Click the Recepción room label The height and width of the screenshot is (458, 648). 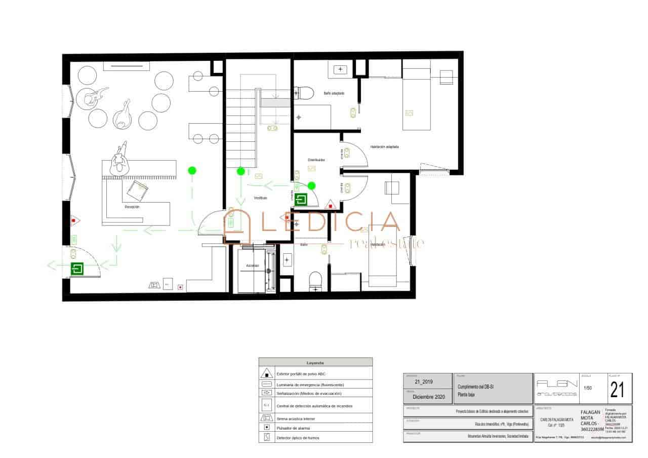(132, 207)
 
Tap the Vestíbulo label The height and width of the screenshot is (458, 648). (261, 198)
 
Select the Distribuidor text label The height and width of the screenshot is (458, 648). (316, 160)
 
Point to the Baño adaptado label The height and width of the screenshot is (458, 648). (334, 93)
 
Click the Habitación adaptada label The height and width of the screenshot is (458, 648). (385, 147)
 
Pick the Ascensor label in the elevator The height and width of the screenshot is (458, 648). (253, 265)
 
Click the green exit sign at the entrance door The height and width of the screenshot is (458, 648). (77, 269)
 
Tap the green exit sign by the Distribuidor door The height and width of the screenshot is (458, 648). (302, 199)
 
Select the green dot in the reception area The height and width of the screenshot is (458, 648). (192, 171)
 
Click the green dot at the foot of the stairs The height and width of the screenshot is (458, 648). (241, 171)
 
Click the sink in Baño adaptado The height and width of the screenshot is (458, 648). (340, 69)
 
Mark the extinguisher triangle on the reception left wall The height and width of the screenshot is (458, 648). (74, 220)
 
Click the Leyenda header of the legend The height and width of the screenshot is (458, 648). (315, 363)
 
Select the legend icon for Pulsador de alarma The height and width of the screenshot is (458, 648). (267, 428)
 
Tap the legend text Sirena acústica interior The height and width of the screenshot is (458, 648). (295, 419)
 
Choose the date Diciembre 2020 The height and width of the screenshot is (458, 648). (429, 397)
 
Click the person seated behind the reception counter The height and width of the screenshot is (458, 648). (120, 162)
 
